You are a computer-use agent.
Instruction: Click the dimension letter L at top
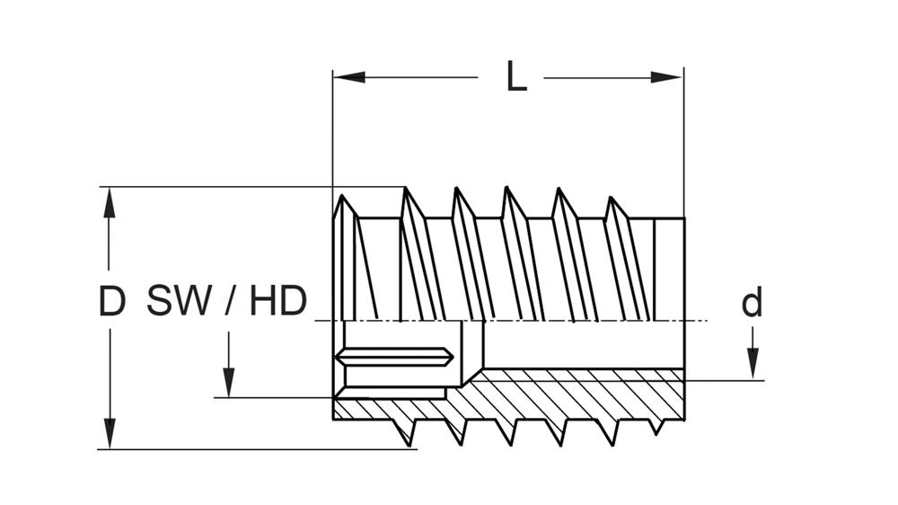pyautogui.click(x=515, y=78)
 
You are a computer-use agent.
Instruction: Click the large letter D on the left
pyautogui.click(x=111, y=302)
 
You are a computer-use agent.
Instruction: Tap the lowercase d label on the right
pyautogui.click(x=752, y=303)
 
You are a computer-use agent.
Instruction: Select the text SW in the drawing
pyautogui.click(x=179, y=302)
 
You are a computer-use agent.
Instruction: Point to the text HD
pyautogui.click(x=277, y=302)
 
